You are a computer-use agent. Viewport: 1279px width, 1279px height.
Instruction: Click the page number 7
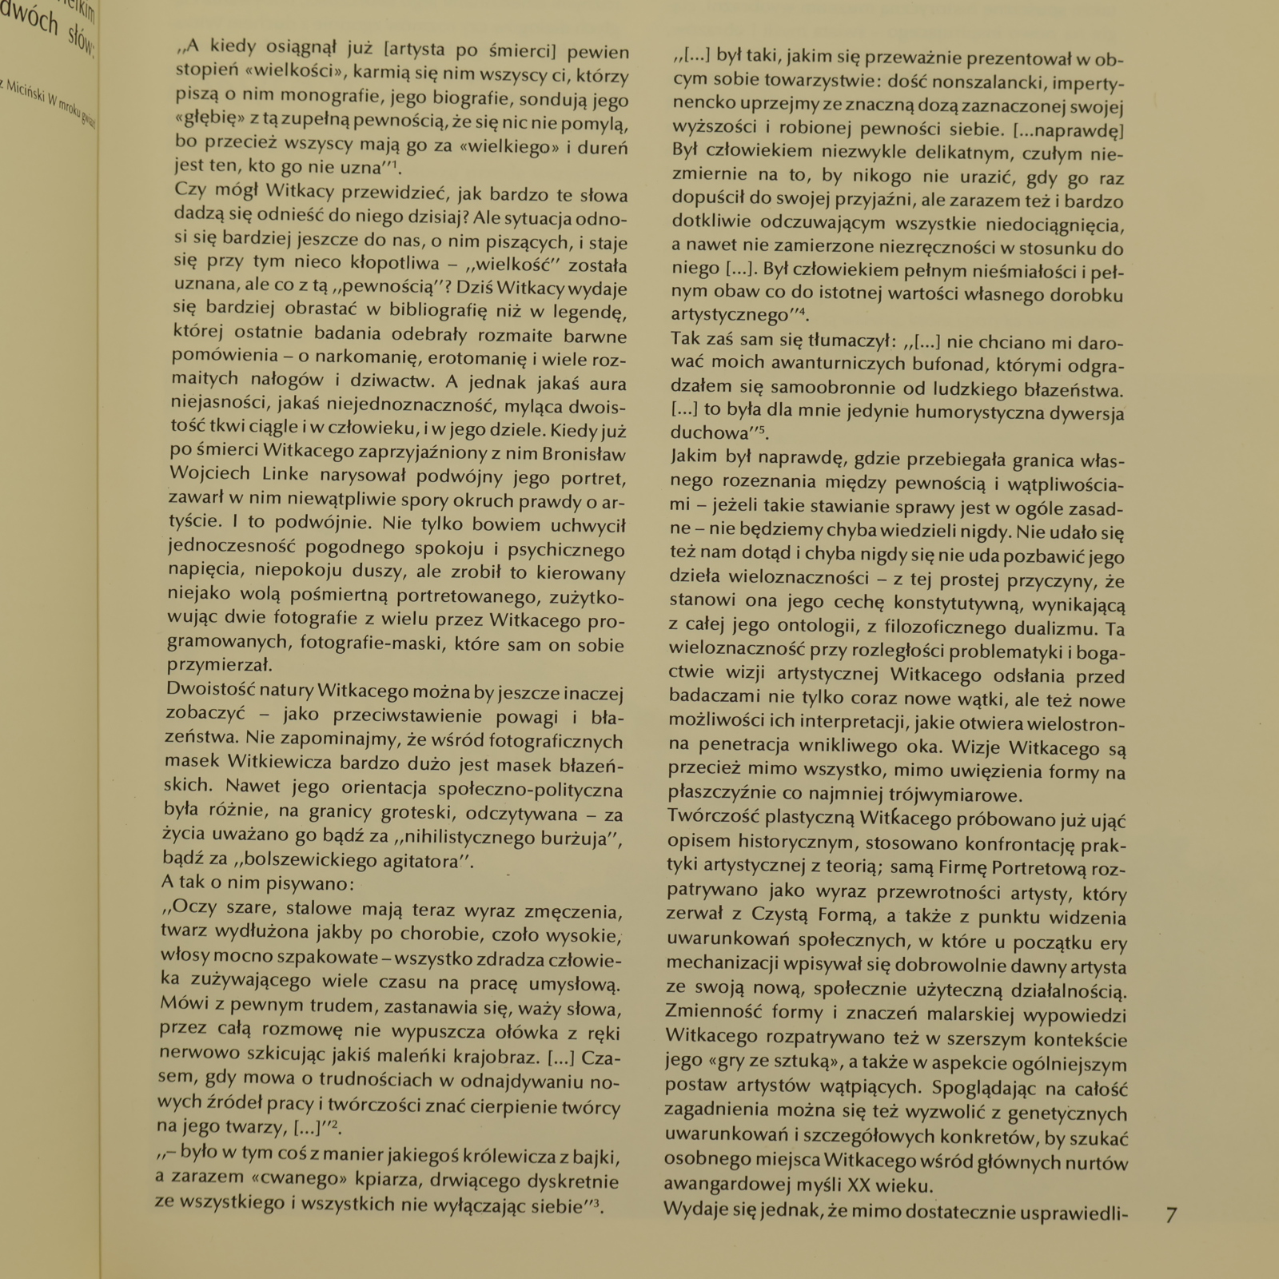coord(1171,1215)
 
